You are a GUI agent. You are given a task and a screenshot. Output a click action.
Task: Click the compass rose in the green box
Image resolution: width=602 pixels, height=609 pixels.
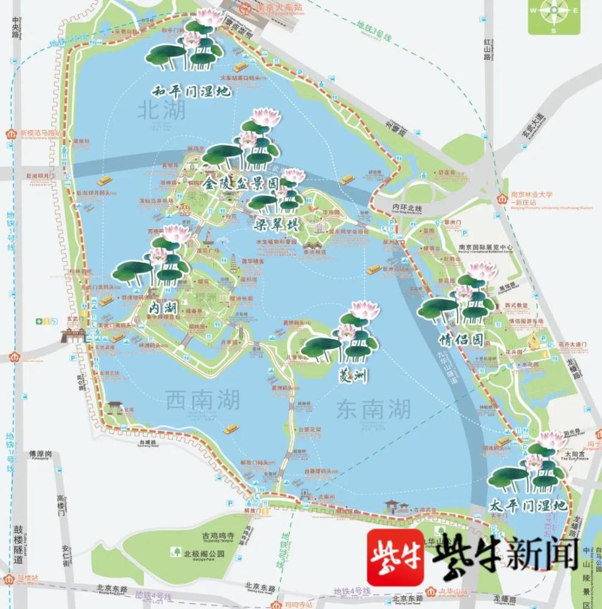pos(554,17)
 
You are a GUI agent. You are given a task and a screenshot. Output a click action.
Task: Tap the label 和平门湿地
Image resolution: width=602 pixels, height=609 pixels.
pos(191,91)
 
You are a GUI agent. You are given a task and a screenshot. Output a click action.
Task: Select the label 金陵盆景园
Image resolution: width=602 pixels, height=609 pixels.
pos(242,183)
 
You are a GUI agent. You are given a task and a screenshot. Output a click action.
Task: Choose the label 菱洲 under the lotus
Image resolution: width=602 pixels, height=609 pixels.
pos(352,376)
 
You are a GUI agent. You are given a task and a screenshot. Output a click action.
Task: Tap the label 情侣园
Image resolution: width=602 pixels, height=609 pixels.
pos(461,340)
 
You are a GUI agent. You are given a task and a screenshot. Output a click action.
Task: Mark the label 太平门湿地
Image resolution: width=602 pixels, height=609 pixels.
pos(528,506)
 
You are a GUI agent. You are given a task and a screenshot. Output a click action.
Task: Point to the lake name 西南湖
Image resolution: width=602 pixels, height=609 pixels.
pos(202,400)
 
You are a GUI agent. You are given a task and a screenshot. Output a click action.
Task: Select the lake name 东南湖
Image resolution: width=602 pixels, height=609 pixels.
pos(374,409)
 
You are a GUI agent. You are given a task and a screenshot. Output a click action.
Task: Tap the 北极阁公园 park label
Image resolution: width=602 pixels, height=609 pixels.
pos(204,554)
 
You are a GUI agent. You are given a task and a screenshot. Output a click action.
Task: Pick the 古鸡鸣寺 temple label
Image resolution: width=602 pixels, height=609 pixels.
pos(218,535)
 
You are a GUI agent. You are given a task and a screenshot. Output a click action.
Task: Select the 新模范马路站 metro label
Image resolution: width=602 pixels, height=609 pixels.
pos(41,133)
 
